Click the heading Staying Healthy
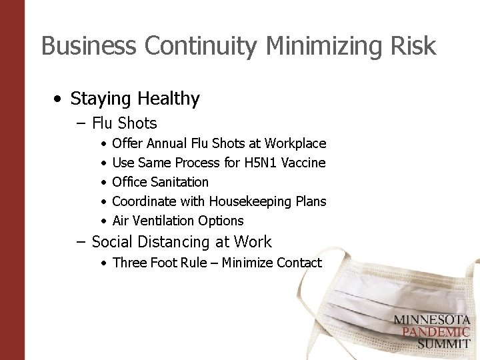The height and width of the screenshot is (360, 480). [x=135, y=99]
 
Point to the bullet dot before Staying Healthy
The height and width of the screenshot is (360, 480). [x=59, y=99]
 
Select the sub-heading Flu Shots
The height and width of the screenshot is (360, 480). [x=124, y=123]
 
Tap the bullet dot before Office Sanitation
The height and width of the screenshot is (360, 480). [x=103, y=183]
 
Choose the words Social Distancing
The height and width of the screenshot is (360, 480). [x=150, y=242]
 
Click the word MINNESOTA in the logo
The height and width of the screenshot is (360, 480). [x=431, y=320]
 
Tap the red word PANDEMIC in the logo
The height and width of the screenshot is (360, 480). [x=431, y=332]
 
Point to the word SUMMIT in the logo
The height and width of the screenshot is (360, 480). [x=443, y=344]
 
